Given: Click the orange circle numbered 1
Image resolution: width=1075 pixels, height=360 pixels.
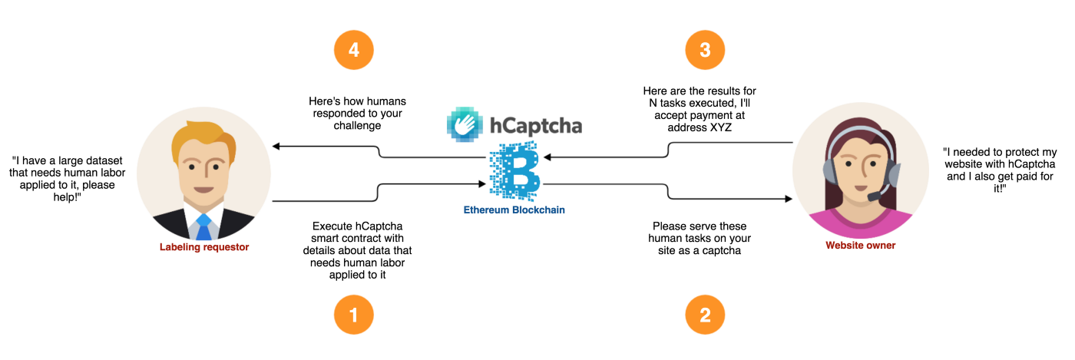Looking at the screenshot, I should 353,315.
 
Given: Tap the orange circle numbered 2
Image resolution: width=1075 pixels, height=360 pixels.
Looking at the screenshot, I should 705,315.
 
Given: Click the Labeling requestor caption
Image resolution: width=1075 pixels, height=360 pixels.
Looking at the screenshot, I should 205,247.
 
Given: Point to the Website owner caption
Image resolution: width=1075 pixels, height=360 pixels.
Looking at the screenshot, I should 860,246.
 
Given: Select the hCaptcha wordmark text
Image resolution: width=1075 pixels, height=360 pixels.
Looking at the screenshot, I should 536,125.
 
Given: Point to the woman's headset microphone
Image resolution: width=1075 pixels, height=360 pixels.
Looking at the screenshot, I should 876,197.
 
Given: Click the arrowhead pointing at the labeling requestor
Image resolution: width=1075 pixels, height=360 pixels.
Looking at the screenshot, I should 277,146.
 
